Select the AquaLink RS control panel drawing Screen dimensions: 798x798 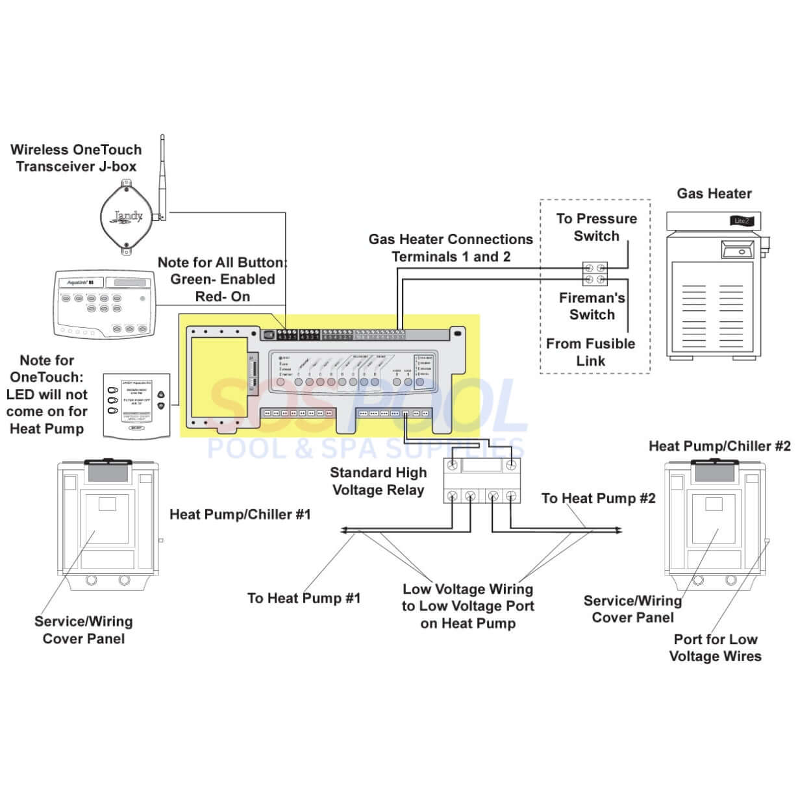coord(105,302)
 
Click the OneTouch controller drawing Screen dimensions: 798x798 coord(136,404)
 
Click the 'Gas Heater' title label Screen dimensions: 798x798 coord(714,193)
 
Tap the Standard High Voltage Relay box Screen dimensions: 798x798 coord(481,480)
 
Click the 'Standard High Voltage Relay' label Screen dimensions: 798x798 coord(379,481)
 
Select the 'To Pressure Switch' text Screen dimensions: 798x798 coord(596,227)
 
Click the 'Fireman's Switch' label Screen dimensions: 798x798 coord(592,306)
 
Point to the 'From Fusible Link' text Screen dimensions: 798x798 coord(590,352)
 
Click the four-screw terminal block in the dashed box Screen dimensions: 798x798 coord(595,273)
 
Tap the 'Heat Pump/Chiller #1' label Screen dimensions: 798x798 coord(240,514)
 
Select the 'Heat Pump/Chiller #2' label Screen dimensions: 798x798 coord(719,446)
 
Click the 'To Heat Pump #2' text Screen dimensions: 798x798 coord(598,498)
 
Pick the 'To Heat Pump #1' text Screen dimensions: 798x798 coord(303,598)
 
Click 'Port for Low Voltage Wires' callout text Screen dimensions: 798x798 coord(715,647)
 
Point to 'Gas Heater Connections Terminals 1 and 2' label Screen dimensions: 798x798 coord(451,248)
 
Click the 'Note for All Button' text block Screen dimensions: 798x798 coord(222,279)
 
